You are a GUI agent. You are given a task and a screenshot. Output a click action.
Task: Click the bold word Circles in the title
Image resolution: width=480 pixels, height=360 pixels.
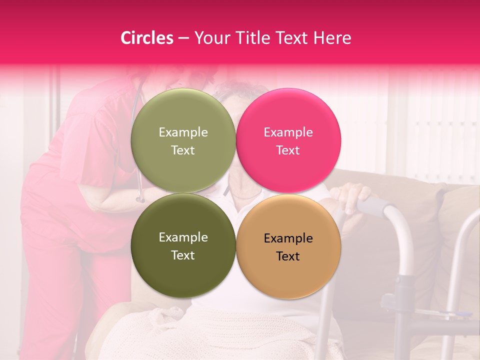tap(147, 37)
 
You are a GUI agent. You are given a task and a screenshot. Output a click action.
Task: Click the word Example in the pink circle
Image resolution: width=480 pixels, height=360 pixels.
tap(288, 132)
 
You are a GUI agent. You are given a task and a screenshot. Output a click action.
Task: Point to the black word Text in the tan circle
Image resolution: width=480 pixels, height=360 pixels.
tap(288, 256)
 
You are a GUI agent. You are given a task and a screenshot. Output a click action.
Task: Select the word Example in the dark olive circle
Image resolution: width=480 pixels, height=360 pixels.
tap(183, 237)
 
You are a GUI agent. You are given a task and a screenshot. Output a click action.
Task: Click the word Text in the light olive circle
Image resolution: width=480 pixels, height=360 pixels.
tap(183, 150)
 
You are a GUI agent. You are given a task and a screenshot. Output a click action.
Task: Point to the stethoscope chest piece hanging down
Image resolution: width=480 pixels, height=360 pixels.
tap(140, 199)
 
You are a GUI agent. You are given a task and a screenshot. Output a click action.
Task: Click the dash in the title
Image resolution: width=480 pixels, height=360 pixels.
tap(183, 37)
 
